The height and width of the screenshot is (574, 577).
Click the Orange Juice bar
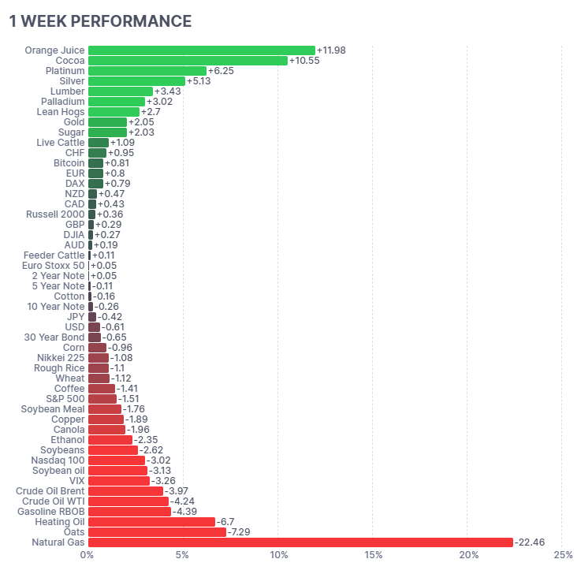click(201, 50)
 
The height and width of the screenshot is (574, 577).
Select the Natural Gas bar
click(300, 542)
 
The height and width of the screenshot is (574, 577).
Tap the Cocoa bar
click(188, 61)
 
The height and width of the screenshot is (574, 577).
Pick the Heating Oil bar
click(151, 522)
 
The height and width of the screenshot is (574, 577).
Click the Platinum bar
click(147, 71)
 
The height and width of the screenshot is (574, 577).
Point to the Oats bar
click(157, 532)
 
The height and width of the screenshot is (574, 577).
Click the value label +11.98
click(331, 50)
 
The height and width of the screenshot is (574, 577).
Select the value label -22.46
click(530, 542)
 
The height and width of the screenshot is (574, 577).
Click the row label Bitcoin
click(69, 163)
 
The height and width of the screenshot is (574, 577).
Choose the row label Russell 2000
click(55, 214)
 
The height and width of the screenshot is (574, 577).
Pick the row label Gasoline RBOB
click(50, 512)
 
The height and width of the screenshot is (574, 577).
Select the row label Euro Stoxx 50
click(53, 266)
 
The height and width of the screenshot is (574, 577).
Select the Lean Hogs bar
click(114, 112)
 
